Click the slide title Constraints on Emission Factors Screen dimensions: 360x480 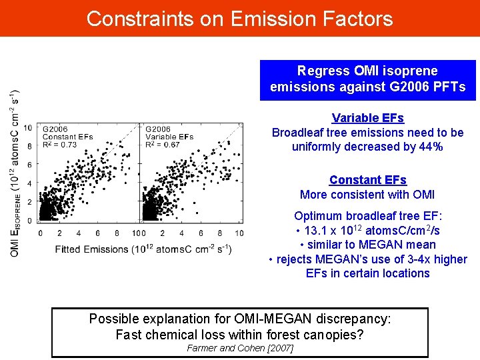point(239,18)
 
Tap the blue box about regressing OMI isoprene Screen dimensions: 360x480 point(367,79)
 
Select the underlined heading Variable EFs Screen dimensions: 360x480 point(367,118)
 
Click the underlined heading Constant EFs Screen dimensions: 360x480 point(367,180)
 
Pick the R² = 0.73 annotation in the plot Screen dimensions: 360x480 point(59,145)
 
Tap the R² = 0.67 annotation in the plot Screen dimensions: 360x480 point(162,145)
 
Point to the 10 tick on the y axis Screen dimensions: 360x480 point(28,127)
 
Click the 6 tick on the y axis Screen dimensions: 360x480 point(29,165)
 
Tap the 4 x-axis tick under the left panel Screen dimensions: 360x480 point(79,233)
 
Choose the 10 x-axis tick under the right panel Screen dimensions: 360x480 point(239,233)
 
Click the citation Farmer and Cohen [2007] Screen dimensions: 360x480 point(240,348)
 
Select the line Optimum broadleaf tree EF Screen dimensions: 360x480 point(367,216)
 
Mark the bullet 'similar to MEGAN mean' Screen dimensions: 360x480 point(367,245)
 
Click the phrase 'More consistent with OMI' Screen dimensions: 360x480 point(367,195)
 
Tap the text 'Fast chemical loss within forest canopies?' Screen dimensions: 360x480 point(240,334)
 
